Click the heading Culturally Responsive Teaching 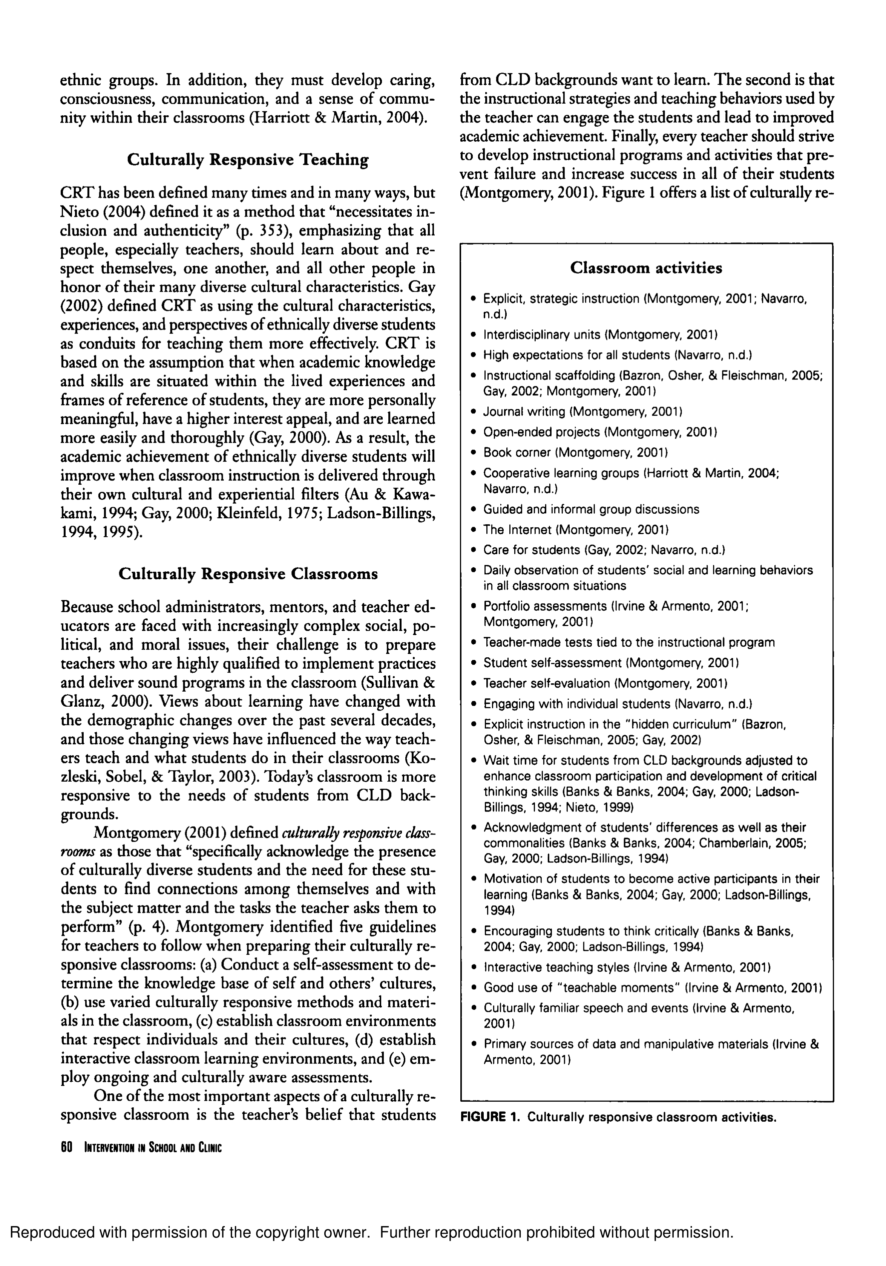click(x=248, y=160)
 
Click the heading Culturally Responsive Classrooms click(x=248, y=574)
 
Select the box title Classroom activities click(x=645, y=268)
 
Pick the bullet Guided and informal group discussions click(x=591, y=509)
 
